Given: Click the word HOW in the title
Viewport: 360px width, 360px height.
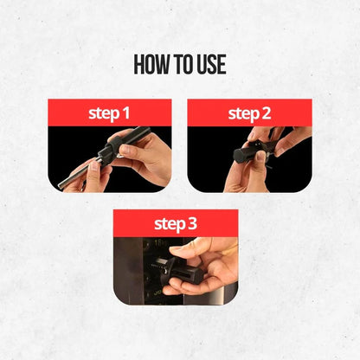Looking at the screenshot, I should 152,66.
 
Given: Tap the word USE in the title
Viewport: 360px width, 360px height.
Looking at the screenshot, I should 208,66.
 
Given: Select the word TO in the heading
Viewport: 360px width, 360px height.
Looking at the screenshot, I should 179,66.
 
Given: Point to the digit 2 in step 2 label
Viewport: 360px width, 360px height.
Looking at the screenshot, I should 267,112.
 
